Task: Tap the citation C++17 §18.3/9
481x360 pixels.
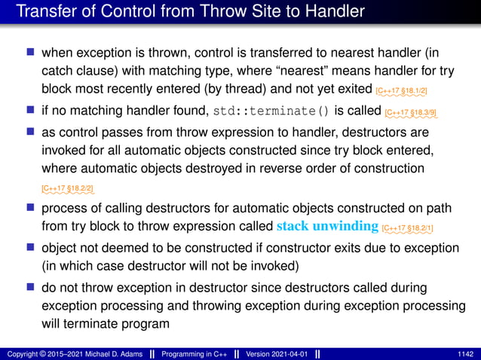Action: point(411,114)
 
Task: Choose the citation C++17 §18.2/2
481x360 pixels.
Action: point(68,187)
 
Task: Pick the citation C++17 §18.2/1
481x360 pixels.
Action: point(408,227)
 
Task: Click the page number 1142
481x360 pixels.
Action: point(465,352)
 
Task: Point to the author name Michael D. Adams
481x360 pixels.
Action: point(106,352)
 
